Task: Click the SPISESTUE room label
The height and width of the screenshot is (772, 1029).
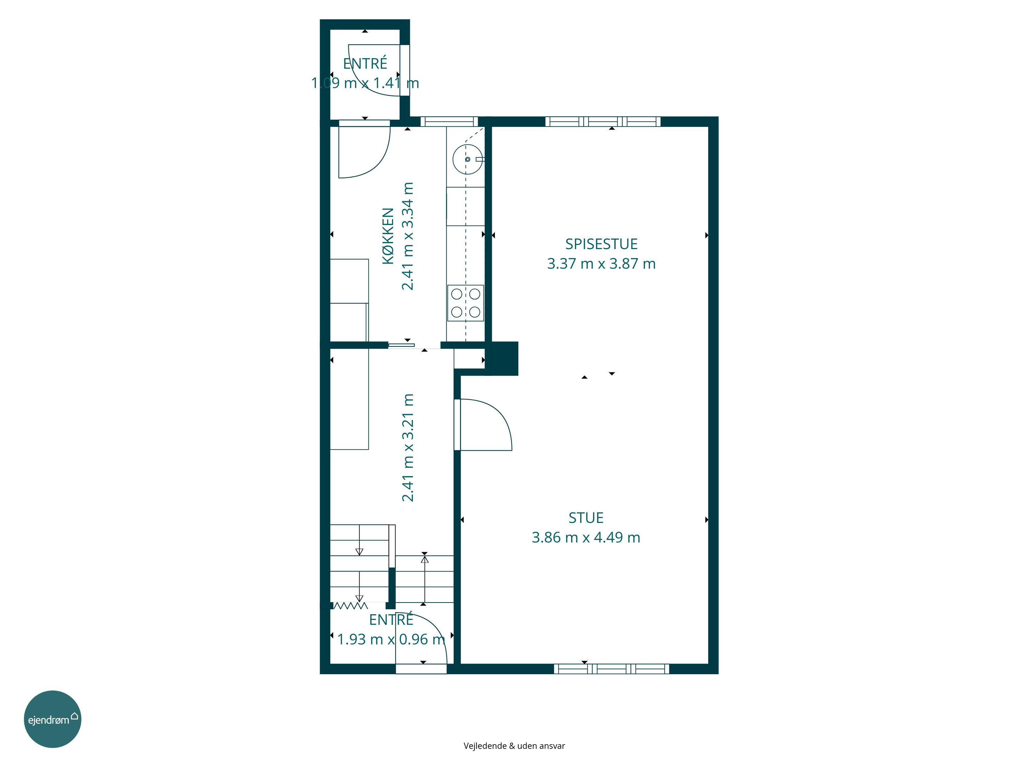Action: click(601, 244)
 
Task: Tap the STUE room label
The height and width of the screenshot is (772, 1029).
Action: click(586, 518)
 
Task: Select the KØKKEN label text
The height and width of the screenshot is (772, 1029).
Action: click(388, 236)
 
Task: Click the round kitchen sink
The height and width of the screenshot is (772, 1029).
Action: click(468, 159)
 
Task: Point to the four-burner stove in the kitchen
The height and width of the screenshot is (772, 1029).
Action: click(466, 303)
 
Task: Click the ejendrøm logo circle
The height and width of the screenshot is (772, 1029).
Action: click(52, 719)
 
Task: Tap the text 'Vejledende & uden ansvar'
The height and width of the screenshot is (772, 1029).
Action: click(514, 746)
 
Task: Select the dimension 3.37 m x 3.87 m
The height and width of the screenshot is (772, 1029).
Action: click(601, 264)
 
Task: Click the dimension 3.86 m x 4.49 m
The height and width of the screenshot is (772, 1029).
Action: click(586, 537)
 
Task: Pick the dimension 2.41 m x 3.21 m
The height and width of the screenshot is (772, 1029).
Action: click(407, 448)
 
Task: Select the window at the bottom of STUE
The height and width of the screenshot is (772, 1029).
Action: click(611, 669)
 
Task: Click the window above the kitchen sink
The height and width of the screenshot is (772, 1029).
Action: click(449, 121)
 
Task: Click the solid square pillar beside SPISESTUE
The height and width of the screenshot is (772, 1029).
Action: click(502, 358)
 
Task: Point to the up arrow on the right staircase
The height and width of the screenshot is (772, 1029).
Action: click(425, 580)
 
